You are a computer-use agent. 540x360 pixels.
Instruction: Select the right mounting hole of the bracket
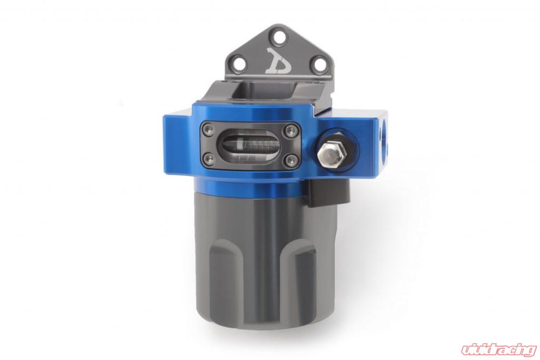click(320, 64)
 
